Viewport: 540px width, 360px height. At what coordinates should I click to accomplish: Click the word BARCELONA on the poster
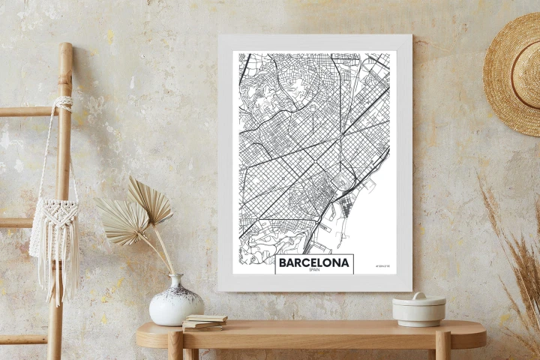pos(313,262)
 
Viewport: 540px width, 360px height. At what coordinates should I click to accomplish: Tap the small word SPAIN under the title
pos(313,271)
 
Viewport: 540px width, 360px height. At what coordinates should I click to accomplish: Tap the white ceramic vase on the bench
pos(175,301)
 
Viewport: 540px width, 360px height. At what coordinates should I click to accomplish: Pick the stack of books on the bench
pos(204,322)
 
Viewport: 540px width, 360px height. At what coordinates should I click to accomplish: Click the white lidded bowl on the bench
pos(418,310)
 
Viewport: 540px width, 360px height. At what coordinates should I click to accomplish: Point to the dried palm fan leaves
pos(135,214)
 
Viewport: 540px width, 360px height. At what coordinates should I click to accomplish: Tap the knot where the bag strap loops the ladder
pos(64,102)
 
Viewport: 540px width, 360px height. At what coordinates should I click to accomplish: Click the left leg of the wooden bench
pos(175,346)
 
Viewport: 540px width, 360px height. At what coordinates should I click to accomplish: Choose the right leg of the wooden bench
pos(442,346)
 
